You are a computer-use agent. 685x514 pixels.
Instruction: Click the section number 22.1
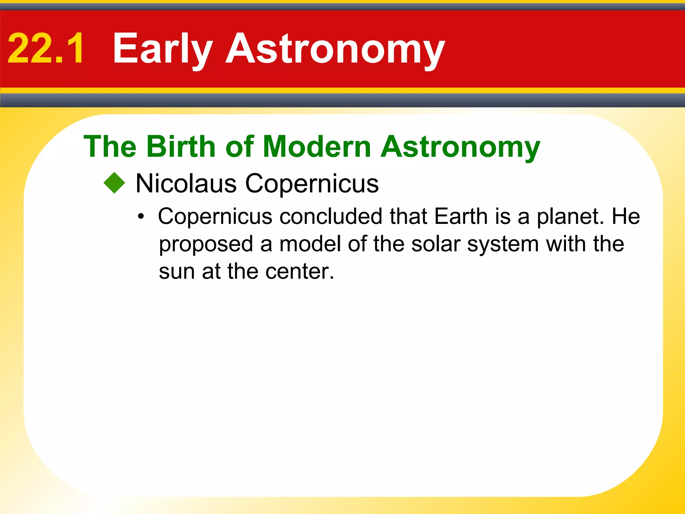tap(46, 49)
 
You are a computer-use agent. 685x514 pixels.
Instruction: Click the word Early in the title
tap(163, 49)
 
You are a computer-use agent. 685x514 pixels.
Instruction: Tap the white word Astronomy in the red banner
tap(335, 49)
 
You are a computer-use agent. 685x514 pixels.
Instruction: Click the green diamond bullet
tap(114, 183)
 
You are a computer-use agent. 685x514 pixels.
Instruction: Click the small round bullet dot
tap(141, 217)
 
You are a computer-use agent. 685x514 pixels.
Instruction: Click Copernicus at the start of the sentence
tap(215, 216)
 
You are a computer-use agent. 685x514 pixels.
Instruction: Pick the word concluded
tap(331, 216)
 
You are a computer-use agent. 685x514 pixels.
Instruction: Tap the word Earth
tap(461, 216)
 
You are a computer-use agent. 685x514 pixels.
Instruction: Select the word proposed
tap(206, 244)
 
